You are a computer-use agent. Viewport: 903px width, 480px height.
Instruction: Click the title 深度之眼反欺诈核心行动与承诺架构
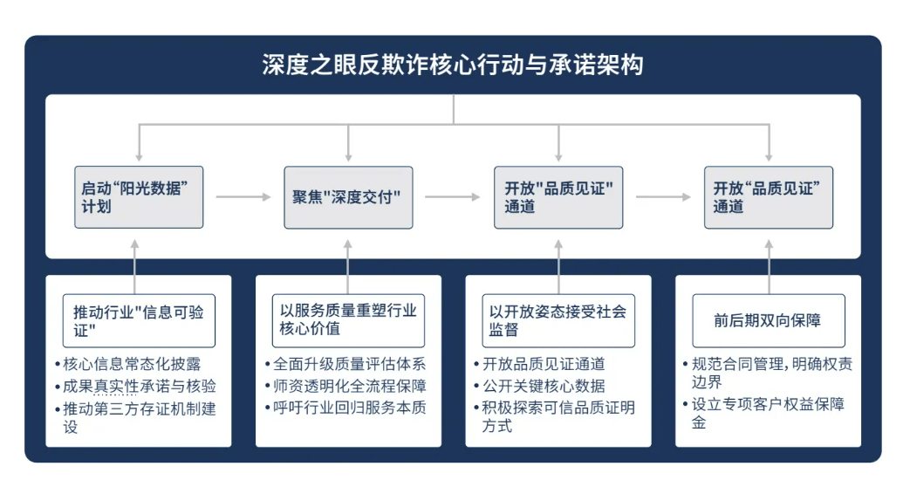coord(452,65)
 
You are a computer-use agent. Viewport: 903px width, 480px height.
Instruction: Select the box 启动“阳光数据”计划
coord(139,197)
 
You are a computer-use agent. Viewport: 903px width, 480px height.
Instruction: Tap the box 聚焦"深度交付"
coord(348,197)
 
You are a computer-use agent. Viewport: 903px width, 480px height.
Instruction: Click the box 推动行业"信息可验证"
coord(139,320)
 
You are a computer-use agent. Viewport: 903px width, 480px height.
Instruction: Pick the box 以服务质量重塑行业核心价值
coord(348,320)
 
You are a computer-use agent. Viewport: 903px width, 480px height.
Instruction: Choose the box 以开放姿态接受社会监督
coord(558,320)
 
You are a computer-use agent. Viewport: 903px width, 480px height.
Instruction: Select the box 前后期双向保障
coord(768,320)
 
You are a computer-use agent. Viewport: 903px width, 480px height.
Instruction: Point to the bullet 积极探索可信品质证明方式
coord(558,416)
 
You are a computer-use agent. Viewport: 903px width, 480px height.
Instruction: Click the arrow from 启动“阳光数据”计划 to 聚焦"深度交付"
coord(243,197)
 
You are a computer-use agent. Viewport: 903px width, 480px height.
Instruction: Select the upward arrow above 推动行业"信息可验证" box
coord(136,263)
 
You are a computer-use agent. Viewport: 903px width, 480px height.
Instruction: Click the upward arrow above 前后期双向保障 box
coord(769,263)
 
